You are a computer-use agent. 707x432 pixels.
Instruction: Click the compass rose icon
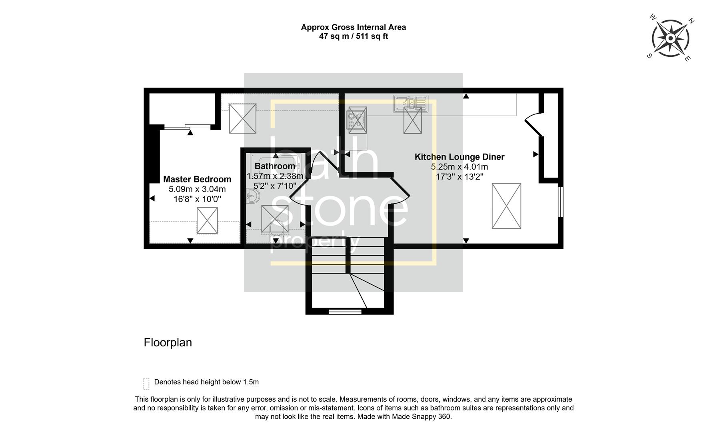[670, 38]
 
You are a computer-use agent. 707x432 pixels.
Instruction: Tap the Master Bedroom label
[197, 179]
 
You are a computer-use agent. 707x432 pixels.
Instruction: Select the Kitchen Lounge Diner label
[459, 157]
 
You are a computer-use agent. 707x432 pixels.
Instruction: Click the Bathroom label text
[275, 166]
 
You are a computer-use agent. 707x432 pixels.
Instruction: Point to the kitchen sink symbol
[410, 103]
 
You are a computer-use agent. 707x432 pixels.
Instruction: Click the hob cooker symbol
[357, 120]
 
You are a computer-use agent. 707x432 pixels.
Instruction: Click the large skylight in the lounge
[506, 206]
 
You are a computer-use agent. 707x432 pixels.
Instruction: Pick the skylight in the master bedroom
[207, 220]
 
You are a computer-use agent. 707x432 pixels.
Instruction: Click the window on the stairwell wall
[345, 311]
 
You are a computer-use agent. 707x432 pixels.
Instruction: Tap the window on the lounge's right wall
[561, 202]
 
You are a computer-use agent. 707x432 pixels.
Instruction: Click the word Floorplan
[168, 342]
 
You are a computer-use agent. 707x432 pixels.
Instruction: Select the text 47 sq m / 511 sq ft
[353, 36]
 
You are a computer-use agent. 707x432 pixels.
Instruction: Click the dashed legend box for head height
[146, 383]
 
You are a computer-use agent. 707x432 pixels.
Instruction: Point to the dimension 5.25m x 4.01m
[459, 167]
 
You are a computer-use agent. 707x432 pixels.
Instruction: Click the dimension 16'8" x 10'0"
[197, 199]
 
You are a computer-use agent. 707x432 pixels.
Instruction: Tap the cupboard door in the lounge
[533, 124]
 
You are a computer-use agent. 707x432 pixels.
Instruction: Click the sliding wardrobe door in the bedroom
[187, 127]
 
